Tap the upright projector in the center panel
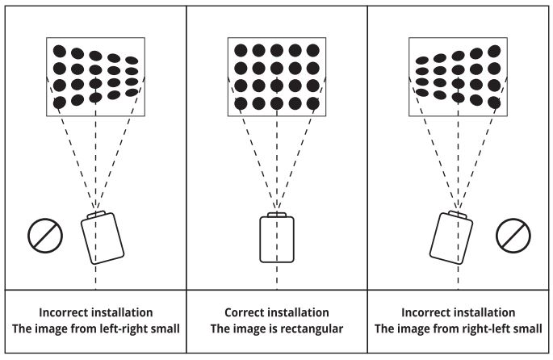coord(276,239)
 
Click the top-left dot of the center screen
coord(241,51)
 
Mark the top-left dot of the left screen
coord(59,51)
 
